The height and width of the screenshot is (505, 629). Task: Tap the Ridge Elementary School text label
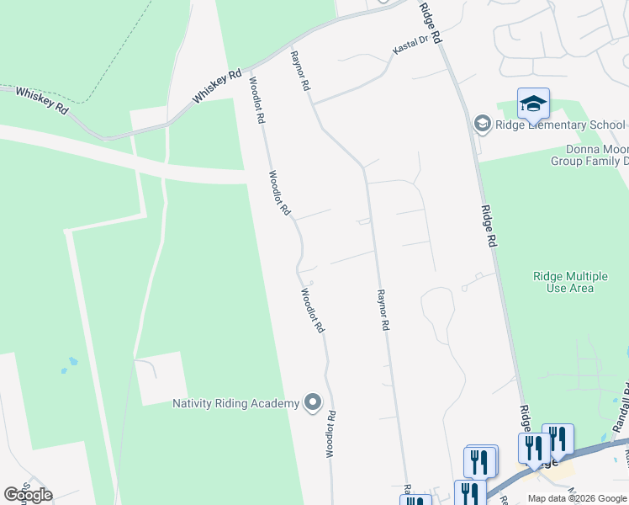tap(560, 125)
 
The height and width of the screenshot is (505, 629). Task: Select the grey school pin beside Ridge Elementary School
tap(482, 125)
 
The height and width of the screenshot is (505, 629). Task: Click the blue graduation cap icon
tap(533, 104)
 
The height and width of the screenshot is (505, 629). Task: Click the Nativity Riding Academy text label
tap(235, 403)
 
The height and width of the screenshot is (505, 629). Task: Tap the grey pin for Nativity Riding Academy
tap(313, 403)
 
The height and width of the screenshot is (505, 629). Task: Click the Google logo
tap(29, 494)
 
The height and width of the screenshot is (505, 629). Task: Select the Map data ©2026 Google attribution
tap(576, 498)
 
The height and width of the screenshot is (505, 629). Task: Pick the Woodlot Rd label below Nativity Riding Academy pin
tap(331, 434)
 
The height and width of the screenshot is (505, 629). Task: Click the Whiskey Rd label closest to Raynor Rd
tap(217, 85)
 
